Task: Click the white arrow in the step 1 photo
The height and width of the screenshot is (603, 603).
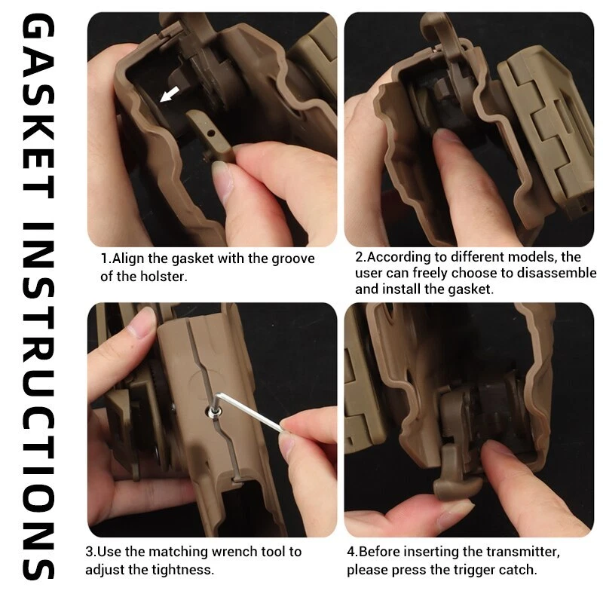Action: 169,94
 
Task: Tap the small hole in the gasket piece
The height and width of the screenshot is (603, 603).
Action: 210,133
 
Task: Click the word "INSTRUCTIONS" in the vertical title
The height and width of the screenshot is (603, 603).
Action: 38,401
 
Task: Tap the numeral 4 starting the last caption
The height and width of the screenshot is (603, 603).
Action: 350,552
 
